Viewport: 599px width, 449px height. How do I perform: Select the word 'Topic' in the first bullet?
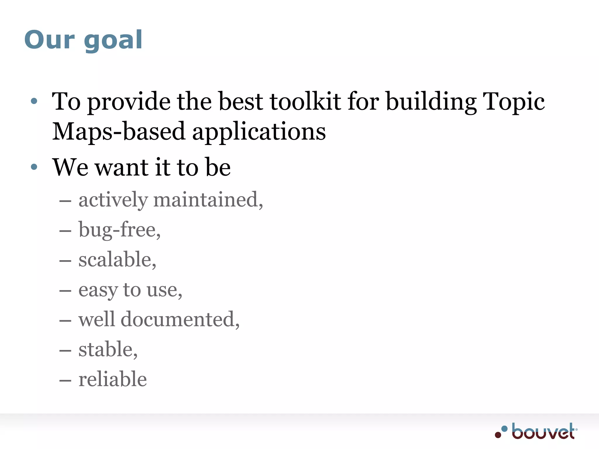[513, 102]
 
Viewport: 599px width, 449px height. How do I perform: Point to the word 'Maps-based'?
[118, 132]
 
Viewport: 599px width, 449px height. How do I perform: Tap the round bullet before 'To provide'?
[34, 101]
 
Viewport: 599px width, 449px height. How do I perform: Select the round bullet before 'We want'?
[34, 167]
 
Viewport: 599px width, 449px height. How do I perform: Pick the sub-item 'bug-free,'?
[119, 230]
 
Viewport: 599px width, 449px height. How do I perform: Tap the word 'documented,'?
[180, 319]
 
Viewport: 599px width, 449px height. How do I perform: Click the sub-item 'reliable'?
[113, 379]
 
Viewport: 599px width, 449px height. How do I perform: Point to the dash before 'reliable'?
[65, 380]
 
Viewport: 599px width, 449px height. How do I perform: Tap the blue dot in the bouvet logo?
[505, 429]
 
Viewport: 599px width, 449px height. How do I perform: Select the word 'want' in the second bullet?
[122, 167]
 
